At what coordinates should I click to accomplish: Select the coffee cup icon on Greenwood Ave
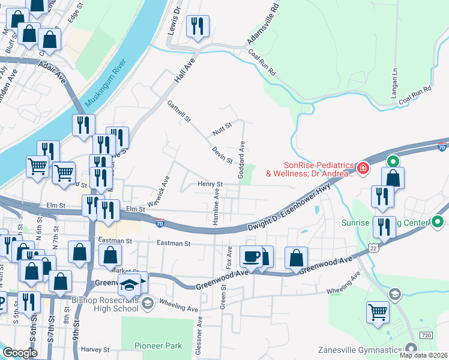pyautogui.click(x=251, y=256)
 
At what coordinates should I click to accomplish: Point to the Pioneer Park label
pyautogui.click(x=158, y=346)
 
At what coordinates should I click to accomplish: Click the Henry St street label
pyautogui.click(x=211, y=184)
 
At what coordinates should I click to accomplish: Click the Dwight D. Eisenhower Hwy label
pyautogui.click(x=289, y=208)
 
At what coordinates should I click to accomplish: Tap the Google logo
pyautogui.click(x=20, y=353)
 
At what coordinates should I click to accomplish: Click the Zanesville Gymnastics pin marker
pyautogui.click(x=411, y=348)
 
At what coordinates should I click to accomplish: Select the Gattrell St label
pyautogui.click(x=179, y=111)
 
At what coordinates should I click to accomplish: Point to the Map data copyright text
pyautogui.click(x=423, y=355)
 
